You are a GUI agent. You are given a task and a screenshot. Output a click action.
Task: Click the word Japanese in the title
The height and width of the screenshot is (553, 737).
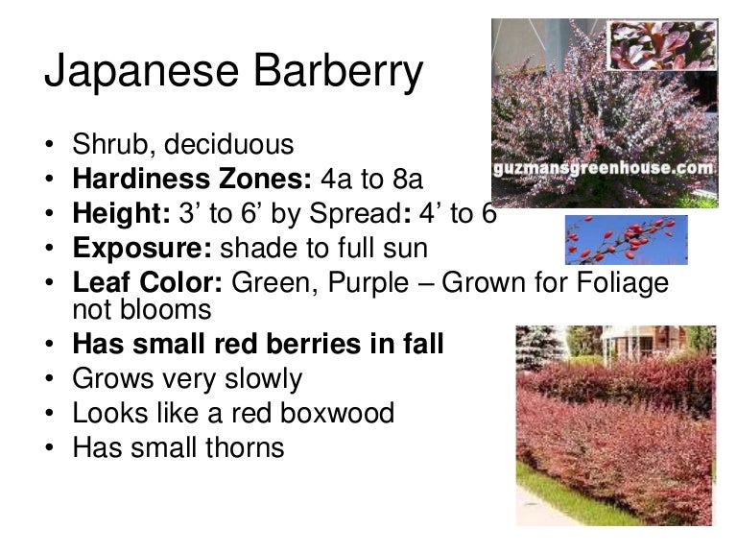point(141,71)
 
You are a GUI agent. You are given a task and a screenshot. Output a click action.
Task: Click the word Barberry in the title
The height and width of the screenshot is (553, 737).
point(339,71)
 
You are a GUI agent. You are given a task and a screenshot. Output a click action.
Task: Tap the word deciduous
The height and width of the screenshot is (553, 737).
point(229,144)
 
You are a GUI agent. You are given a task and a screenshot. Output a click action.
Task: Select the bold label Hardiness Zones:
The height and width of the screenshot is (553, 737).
point(192,179)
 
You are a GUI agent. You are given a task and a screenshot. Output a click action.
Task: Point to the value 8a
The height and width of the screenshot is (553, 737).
point(408,180)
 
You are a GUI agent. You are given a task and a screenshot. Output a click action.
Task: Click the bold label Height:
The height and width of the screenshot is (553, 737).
point(121,213)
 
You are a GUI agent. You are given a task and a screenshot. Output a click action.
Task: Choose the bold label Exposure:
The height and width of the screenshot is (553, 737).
point(142,249)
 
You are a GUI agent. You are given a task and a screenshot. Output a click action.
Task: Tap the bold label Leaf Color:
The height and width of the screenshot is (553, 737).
point(148,282)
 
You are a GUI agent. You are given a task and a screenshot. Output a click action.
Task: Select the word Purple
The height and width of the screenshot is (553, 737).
point(368,282)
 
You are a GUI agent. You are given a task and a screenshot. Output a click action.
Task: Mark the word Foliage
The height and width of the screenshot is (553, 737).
point(622,282)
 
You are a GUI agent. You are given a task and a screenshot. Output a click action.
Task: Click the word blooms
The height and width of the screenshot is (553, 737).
point(165,309)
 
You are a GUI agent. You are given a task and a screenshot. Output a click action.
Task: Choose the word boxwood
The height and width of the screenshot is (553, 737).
point(337,413)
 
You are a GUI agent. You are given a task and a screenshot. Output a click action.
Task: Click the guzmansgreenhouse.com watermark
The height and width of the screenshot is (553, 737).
point(604,168)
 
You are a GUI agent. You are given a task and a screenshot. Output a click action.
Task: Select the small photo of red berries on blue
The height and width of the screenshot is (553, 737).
point(626,240)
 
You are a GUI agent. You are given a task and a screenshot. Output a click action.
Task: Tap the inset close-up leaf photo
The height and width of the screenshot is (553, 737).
point(662,45)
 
